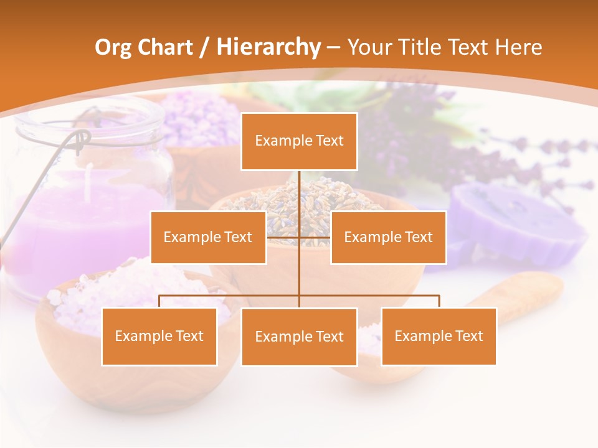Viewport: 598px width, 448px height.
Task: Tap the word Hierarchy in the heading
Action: click(268, 47)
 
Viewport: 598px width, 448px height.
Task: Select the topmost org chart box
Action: click(299, 141)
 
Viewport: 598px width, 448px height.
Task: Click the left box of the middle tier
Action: click(208, 237)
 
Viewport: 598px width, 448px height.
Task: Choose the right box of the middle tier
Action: click(388, 237)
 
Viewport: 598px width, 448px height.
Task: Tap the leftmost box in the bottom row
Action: click(159, 336)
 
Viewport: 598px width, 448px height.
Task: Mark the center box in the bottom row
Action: click(299, 337)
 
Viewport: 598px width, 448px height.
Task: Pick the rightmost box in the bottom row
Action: click(439, 336)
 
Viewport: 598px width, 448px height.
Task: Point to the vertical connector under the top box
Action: click(299, 193)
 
